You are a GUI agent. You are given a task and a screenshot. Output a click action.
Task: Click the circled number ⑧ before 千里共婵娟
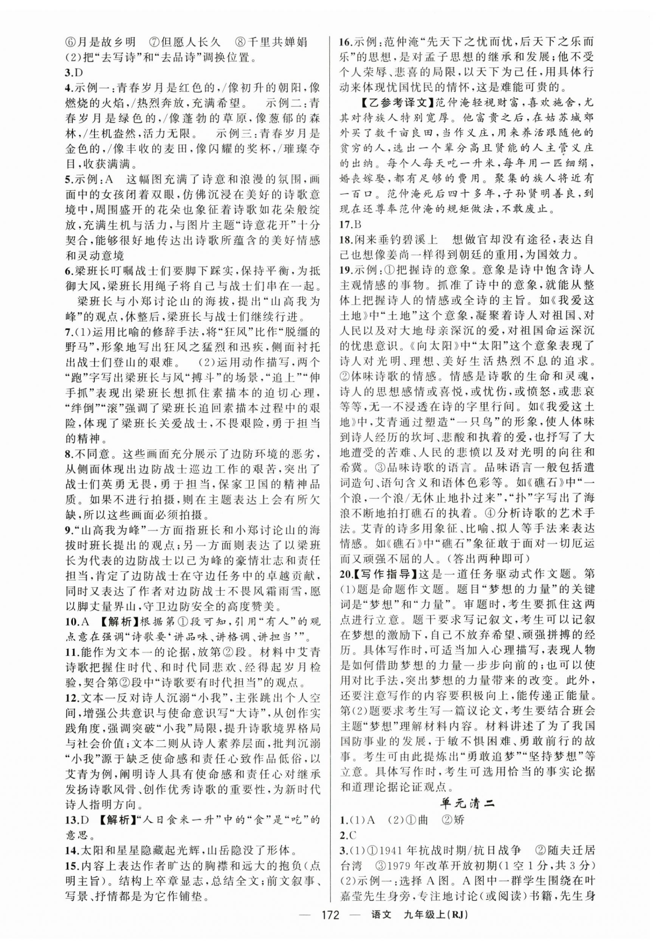(240, 42)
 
